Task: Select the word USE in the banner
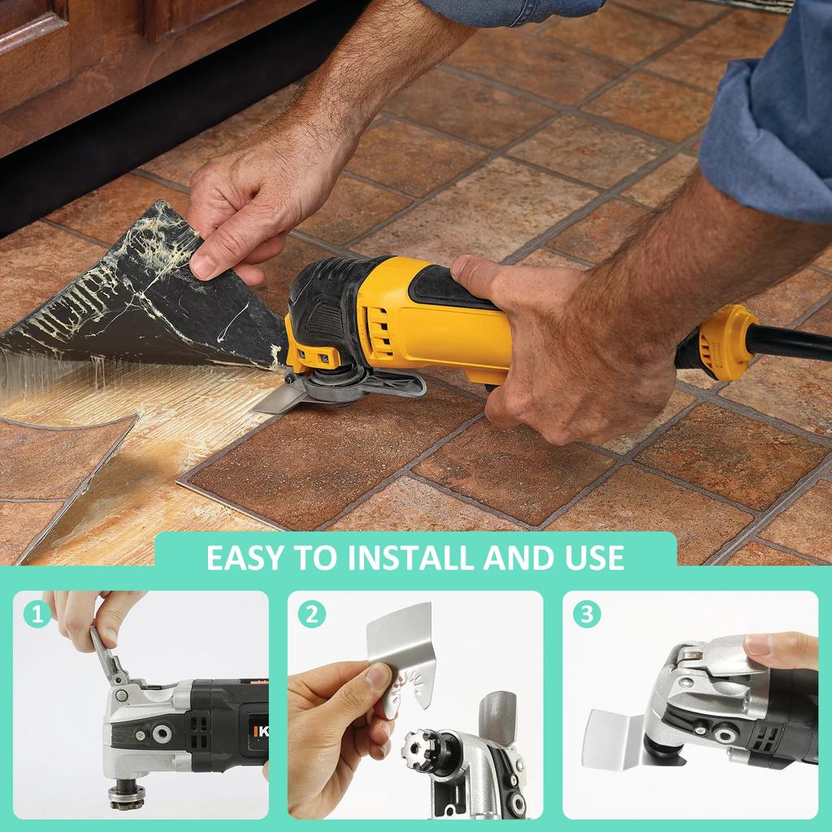pyautogui.click(x=591, y=557)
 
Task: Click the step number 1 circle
pyautogui.click(x=37, y=613)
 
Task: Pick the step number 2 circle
pyautogui.click(x=311, y=613)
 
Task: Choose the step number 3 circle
pyautogui.click(x=587, y=613)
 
